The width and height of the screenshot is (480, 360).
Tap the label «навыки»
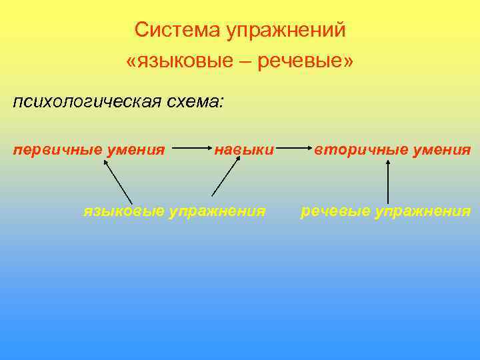click(x=244, y=149)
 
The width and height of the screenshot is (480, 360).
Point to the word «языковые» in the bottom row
click(x=123, y=211)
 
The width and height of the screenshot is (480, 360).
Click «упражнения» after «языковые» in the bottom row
click(x=217, y=211)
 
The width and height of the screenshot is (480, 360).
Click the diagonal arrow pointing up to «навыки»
click(x=225, y=179)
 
